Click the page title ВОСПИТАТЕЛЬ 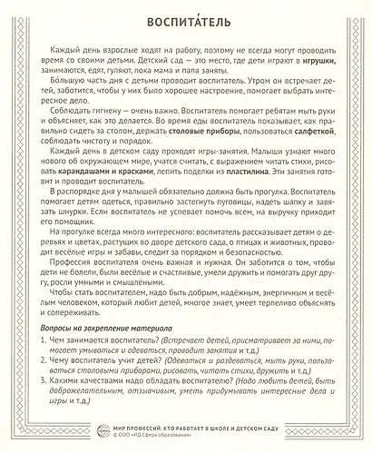(186, 21)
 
